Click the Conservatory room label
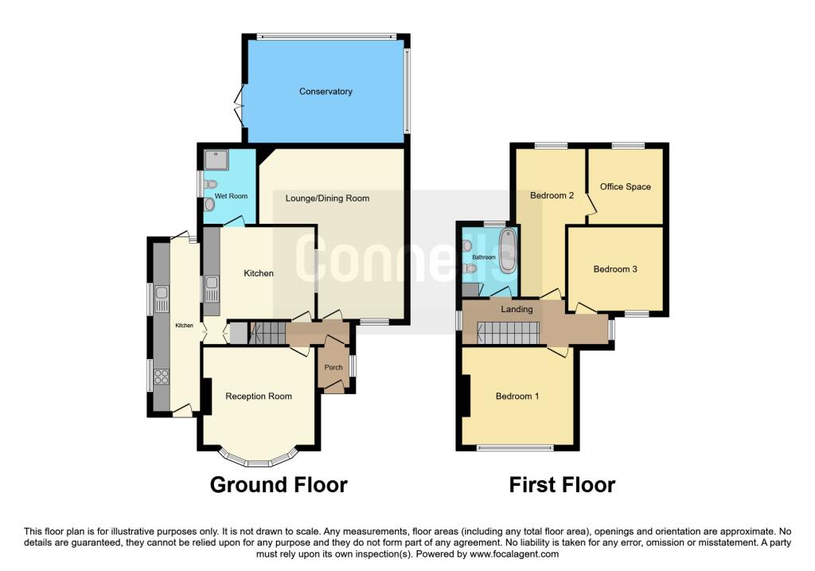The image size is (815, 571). pos(326,92)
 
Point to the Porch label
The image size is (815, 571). pos(332,368)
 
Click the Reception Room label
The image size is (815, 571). pos(259,397)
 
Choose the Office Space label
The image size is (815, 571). pos(626,187)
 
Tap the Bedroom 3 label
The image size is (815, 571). pos(615,269)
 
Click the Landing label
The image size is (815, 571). pos(517,309)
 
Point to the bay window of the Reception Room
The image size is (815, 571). pos(259,460)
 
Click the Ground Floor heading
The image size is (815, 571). pos(279,484)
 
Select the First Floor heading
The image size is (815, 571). pos(563,484)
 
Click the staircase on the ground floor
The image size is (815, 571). pos(268,332)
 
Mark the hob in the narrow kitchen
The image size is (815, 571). pos(162,377)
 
